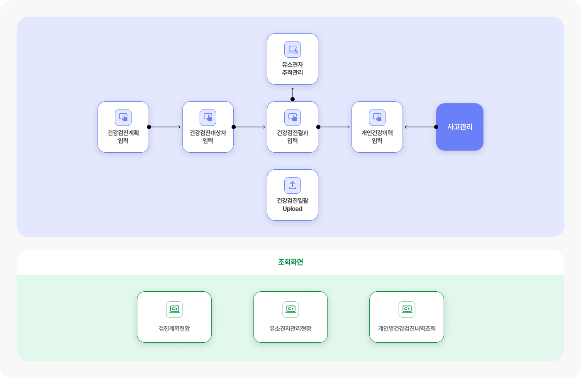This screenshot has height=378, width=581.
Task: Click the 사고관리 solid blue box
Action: [460, 127]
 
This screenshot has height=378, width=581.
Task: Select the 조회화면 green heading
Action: [290, 262]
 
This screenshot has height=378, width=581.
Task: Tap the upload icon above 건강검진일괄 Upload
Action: [293, 185]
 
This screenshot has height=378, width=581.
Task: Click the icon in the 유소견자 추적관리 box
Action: [293, 49]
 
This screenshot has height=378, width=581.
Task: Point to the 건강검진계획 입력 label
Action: [123, 137]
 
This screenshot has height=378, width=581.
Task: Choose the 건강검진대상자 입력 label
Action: [208, 137]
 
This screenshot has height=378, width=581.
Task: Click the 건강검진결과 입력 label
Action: [293, 137]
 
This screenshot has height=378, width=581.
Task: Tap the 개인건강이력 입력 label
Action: [377, 137]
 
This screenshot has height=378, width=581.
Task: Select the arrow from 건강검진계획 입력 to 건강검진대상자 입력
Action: [165, 127]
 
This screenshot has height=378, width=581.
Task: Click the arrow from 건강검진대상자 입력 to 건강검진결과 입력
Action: [249, 127]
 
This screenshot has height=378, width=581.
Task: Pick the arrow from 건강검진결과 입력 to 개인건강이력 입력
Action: [334, 127]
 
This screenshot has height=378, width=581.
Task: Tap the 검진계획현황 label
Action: [174, 328]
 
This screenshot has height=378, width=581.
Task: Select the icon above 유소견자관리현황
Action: [290, 309]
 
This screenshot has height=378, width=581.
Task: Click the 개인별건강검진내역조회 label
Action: [407, 328]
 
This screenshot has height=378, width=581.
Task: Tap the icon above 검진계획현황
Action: [174, 309]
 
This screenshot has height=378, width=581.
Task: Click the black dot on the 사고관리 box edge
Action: [436, 127]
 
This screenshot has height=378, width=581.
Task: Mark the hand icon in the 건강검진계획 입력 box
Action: [123, 117]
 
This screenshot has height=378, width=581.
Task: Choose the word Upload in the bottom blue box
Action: [293, 209]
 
